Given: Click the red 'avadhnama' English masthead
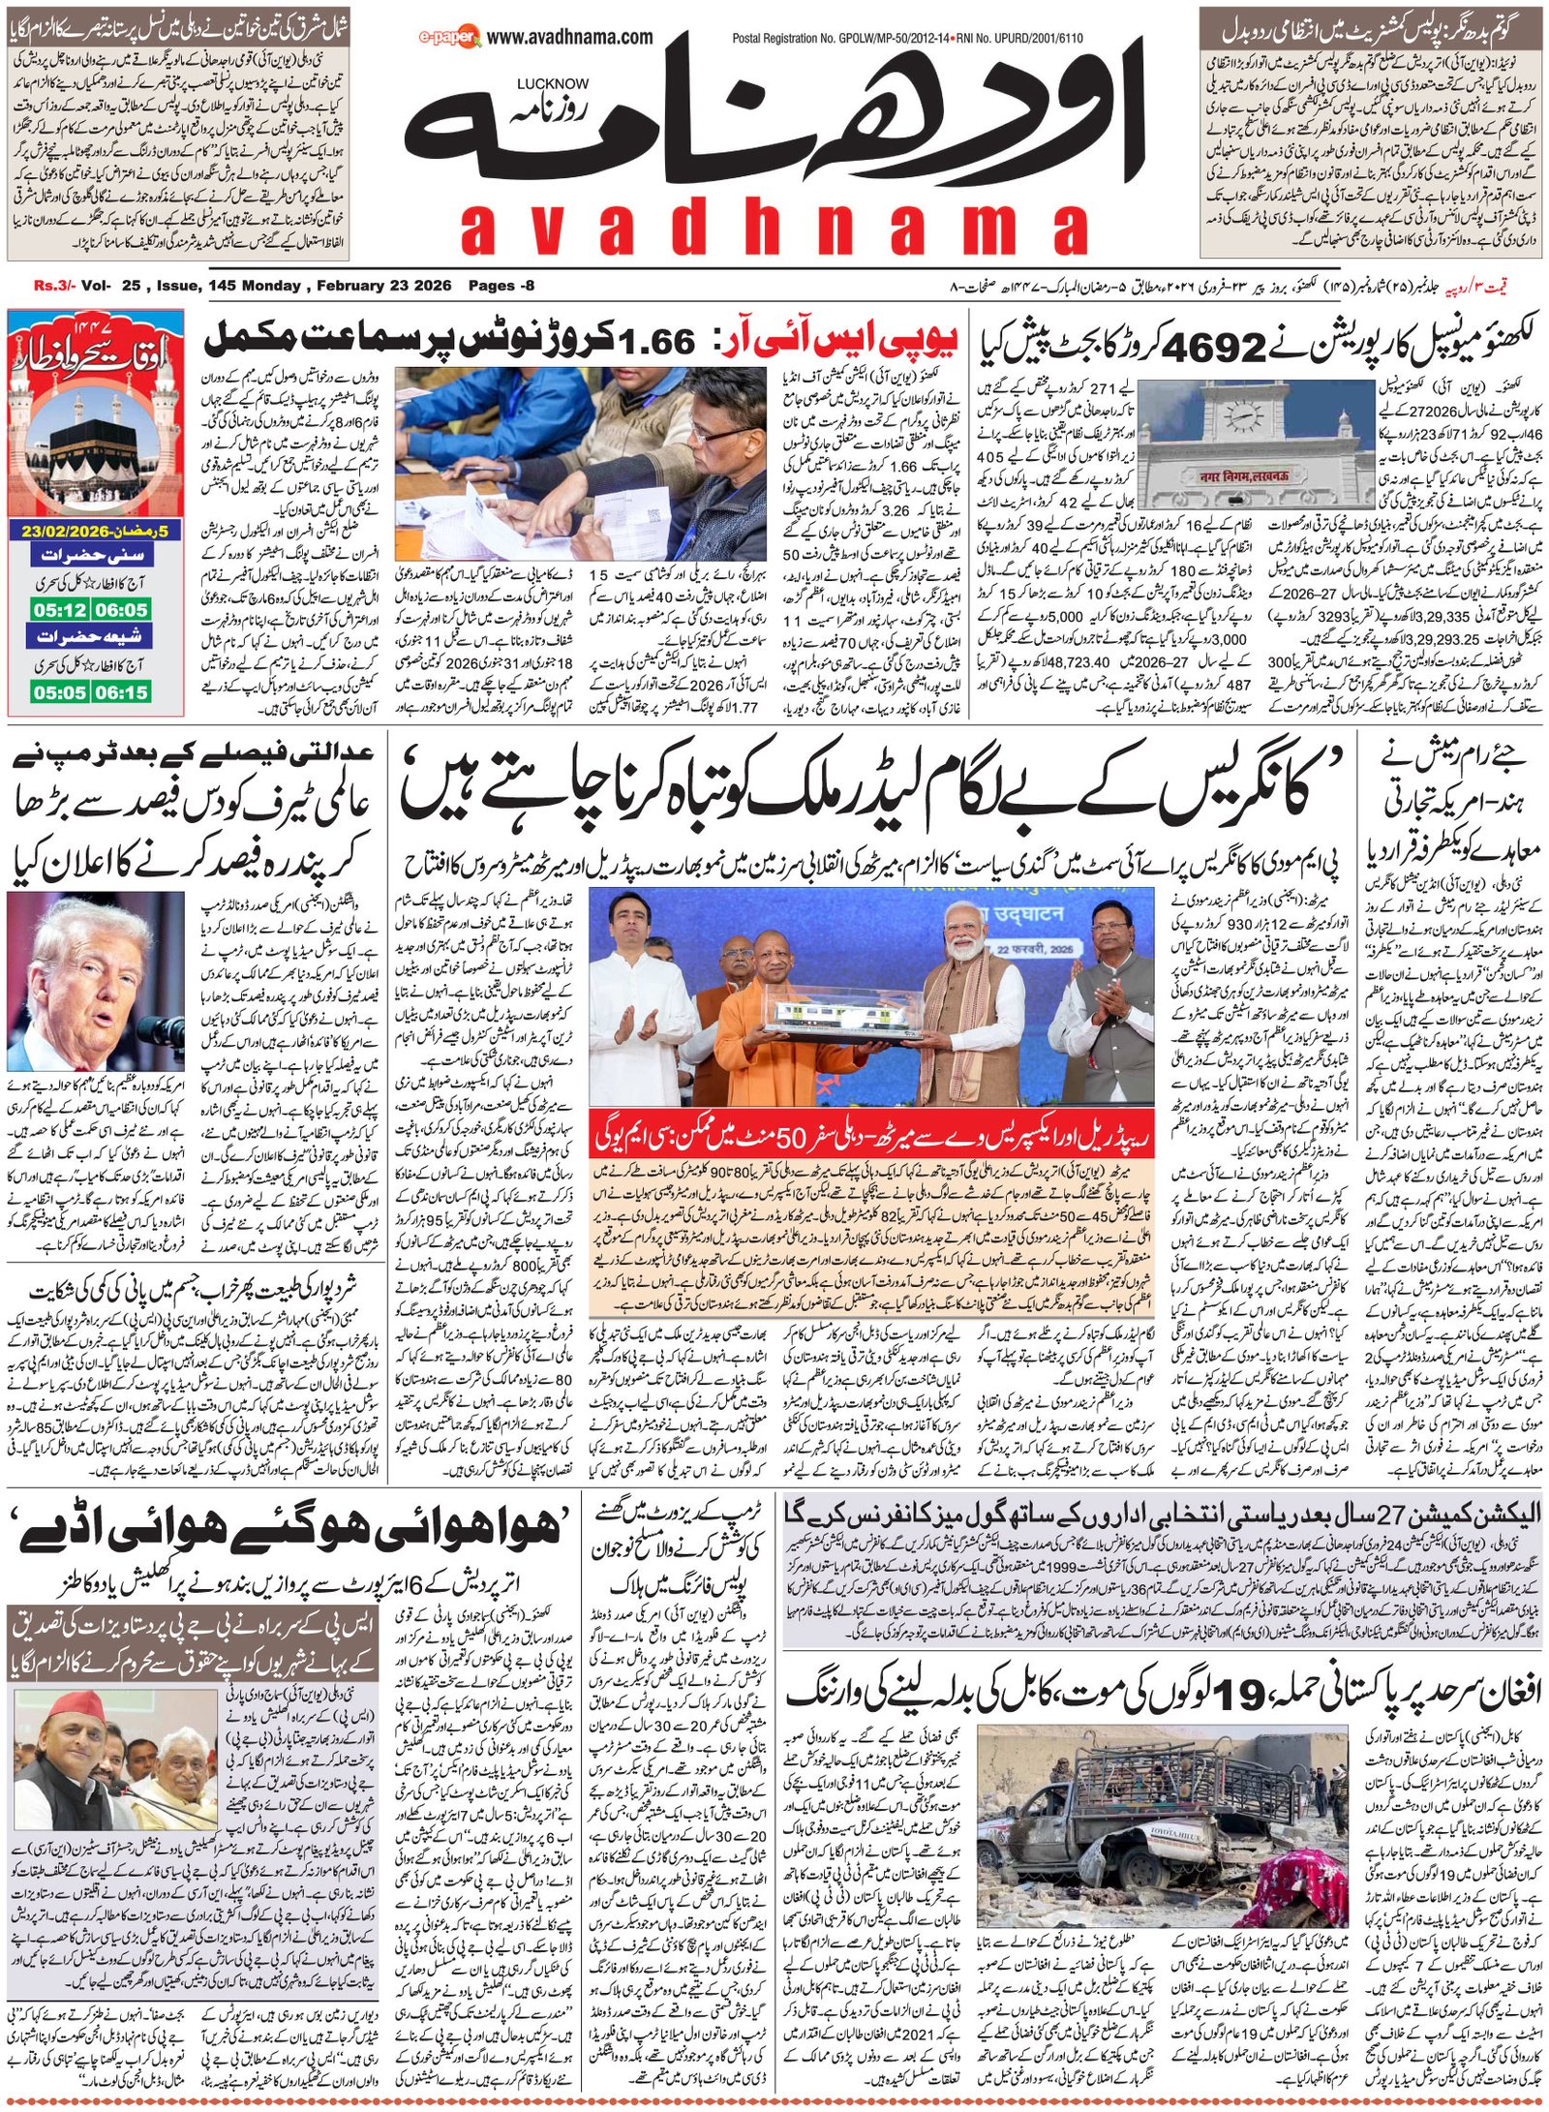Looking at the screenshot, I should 774,230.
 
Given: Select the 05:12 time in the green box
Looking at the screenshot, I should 60,611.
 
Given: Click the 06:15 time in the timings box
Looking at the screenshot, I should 122,691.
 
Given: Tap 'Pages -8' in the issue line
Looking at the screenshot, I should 501,286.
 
